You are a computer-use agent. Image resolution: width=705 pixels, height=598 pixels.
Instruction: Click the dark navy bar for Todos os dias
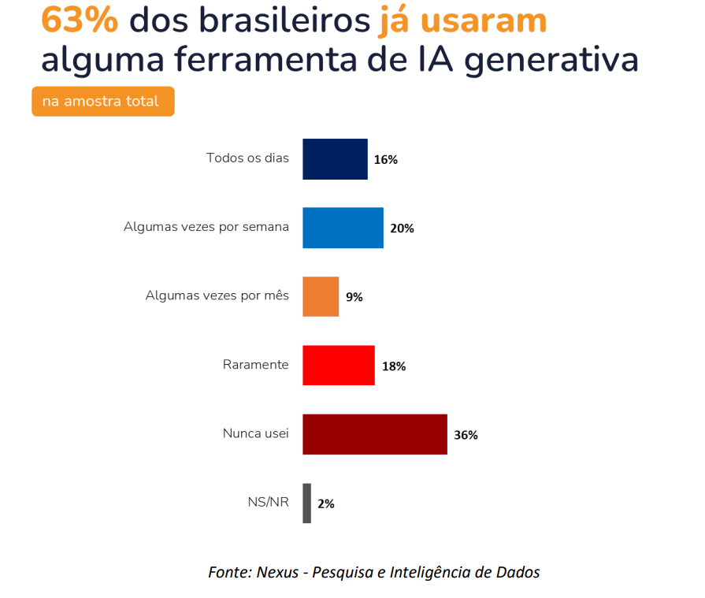click(x=335, y=159)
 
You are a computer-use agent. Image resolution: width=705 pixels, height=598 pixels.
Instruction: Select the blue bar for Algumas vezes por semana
click(x=343, y=228)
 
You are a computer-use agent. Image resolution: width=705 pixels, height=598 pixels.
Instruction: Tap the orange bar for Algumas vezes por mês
click(x=321, y=296)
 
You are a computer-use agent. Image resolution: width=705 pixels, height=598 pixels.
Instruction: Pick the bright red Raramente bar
click(x=339, y=366)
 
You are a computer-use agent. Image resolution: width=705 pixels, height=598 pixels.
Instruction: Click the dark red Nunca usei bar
click(x=375, y=434)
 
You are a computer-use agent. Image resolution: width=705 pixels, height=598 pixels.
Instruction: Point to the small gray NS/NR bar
click(x=307, y=503)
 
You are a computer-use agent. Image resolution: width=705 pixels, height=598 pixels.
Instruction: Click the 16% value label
click(x=386, y=160)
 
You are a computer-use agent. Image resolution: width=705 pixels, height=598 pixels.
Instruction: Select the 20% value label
click(x=402, y=228)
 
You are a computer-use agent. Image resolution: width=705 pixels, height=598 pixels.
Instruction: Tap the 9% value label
click(x=354, y=298)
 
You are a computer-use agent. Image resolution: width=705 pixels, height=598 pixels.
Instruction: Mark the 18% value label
click(x=394, y=366)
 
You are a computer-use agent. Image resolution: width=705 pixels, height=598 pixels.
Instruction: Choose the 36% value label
click(x=466, y=435)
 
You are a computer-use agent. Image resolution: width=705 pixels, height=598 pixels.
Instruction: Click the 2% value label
click(x=326, y=504)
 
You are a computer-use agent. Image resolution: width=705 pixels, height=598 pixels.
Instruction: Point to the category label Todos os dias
click(x=247, y=158)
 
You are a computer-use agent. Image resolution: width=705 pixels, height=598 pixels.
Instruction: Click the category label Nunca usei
click(x=255, y=433)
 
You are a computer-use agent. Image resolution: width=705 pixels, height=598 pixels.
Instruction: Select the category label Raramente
click(x=255, y=365)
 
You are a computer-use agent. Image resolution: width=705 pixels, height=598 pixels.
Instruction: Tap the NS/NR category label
click(x=268, y=502)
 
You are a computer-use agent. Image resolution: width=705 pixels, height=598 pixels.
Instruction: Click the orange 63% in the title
click(x=80, y=20)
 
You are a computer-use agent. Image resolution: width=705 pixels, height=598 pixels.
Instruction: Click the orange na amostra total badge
click(x=102, y=102)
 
